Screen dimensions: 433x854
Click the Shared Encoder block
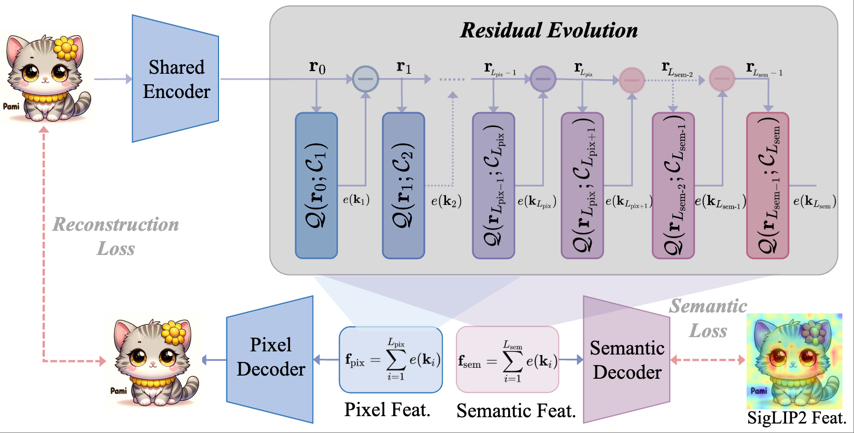click(176, 79)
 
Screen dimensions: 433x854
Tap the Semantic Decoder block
click(627, 360)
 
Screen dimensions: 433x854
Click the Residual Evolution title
click(549, 31)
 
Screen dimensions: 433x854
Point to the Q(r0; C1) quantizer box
click(316, 185)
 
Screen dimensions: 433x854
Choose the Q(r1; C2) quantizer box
click(403, 185)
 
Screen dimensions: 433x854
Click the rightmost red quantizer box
click(767, 185)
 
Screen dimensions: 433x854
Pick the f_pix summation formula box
click(391, 360)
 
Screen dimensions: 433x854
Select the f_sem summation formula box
click(507, 360)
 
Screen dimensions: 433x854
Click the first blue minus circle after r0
click(365, 79)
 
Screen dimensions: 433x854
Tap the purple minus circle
click(543, 79)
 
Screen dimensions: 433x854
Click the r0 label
click(317, 67)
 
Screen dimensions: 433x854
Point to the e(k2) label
click(446, 201)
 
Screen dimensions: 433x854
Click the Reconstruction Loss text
click(116, 236)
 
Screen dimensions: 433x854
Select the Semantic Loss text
click(708, 318)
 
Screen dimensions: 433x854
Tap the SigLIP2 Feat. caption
click(797, 418)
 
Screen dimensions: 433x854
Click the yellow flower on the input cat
click(66, 48)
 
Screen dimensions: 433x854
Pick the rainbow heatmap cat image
click(793, 361)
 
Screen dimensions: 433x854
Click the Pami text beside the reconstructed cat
click(118, 390)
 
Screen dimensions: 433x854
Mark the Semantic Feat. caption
click(516, 411)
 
